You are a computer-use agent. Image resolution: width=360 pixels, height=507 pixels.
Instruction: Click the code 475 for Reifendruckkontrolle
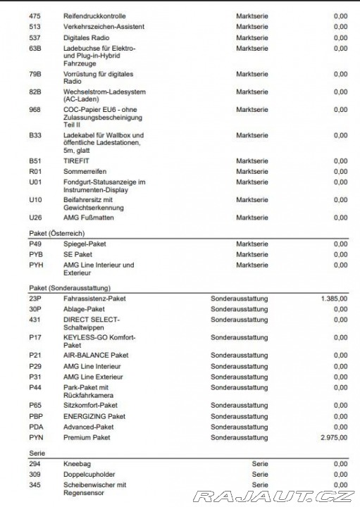click(35, 16)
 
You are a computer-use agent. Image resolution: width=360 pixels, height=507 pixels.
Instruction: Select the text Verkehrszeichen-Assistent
click(104, 27)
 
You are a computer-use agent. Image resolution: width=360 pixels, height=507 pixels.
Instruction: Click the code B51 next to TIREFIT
click(35, 161)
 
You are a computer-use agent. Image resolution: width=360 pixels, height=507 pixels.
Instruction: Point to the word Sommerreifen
click(86, 171)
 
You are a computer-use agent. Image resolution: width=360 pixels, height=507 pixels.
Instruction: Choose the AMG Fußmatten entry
click(88, 218)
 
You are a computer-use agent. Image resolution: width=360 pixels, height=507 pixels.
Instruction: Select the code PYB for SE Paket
click(36, 254)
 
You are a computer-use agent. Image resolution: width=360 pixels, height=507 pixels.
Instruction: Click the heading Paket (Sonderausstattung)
click(70, 287)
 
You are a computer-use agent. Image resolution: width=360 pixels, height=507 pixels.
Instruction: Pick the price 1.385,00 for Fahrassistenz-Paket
click(333, 299)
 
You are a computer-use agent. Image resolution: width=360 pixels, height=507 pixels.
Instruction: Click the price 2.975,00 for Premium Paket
click(333, 437)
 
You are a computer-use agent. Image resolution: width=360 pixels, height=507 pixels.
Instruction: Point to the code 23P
click(35, 299)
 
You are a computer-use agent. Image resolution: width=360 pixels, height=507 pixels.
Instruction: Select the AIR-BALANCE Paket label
click(96, 356)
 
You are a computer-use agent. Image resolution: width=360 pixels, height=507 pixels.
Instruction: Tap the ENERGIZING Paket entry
click(94, 416)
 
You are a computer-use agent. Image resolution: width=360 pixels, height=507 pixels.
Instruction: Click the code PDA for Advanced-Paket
click(36, 427)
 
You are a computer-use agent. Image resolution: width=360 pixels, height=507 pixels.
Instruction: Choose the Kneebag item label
click(77, 464)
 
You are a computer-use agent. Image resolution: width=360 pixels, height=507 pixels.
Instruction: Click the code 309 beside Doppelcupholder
click(35, 475)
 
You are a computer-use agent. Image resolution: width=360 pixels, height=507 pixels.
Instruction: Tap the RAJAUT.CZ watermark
click(273, 497)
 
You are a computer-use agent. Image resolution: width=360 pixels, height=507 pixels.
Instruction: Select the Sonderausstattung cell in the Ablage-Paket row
click(239, 309)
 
